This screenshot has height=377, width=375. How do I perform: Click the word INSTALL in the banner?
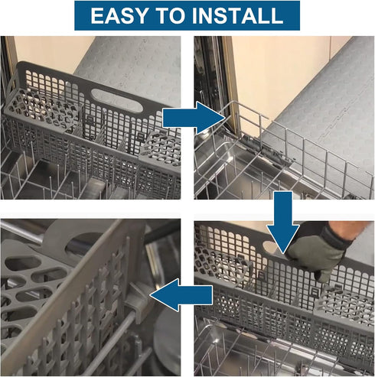click(x=238, y=15)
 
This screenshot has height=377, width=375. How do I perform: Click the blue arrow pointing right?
click(x=194, y=118)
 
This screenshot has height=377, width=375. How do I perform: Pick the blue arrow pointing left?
click(x=181, y=294)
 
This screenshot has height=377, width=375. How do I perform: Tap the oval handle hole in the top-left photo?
click(x=117, y=100)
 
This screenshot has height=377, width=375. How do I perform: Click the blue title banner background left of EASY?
click(x=82, y=15)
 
